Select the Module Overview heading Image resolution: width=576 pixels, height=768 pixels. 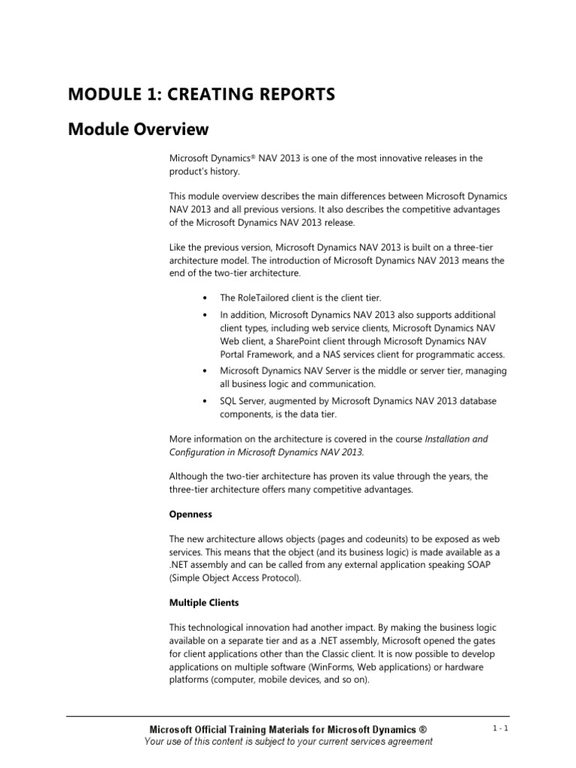pos(138,130)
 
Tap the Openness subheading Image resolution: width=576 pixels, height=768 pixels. pos(190,514)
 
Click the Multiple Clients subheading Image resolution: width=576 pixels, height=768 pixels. pos(203,602)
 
